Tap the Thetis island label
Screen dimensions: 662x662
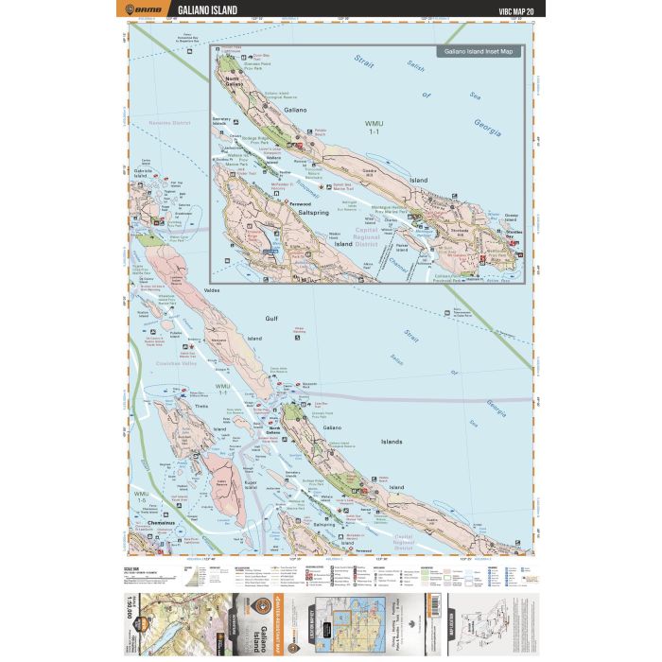pyautogui.click(x=200, y=408)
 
